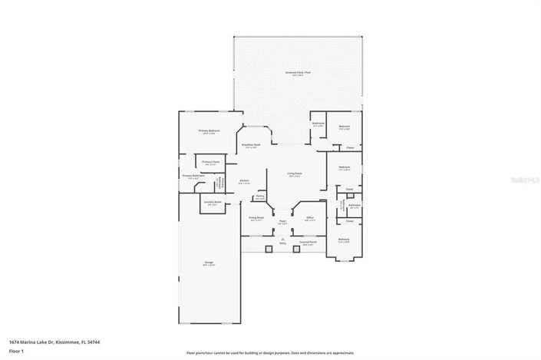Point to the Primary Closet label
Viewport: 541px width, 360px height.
(211, 162)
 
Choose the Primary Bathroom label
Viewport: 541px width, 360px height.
(192, 176)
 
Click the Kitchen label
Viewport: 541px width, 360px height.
(243, 181)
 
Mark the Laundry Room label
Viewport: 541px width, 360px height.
(213, 203)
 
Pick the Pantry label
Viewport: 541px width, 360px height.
(260, 196)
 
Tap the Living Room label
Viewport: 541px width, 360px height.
(295, 173)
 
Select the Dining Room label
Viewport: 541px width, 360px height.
(256, 218)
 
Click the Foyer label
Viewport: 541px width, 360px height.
(282, 222)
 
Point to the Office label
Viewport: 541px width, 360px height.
(310, 218)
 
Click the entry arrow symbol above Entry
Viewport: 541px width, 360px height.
(282, 239)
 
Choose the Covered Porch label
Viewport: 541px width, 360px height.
(308, 243)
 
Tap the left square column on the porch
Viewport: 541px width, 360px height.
(267, 249)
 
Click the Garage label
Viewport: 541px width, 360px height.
(209, 263)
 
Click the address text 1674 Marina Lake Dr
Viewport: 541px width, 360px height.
(54, 342)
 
